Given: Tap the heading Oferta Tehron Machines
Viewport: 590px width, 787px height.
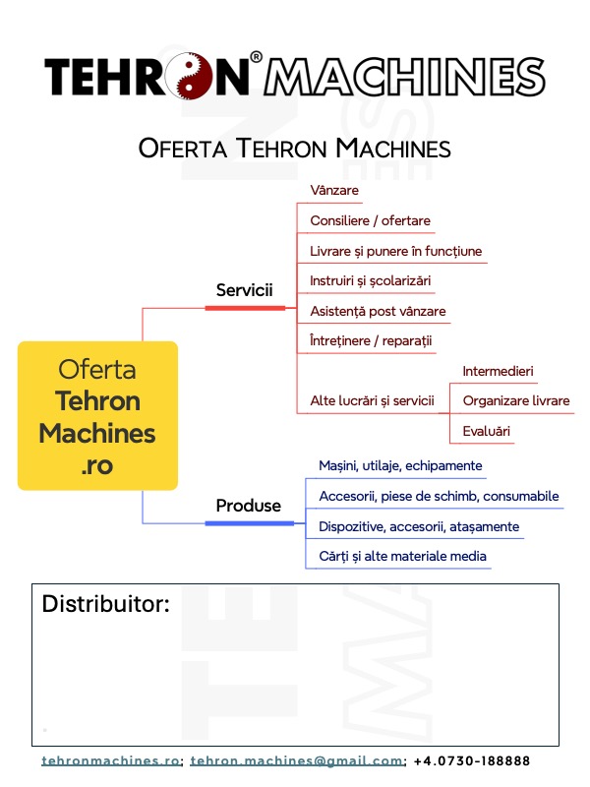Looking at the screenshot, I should coord(295,149).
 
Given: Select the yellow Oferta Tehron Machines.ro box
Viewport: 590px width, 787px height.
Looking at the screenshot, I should coord(97,415).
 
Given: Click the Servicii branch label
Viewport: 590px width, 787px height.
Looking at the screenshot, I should coord(244,290).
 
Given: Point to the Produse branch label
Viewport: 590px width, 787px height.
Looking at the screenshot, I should coord(248,506).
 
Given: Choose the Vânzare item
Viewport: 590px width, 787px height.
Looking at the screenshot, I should coord(334,190).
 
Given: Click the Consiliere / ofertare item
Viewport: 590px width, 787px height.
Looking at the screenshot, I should coord(370,220).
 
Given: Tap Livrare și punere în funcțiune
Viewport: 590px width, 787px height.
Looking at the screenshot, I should coord(395,251).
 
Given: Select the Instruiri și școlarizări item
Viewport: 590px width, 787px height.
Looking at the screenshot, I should coord(370,280).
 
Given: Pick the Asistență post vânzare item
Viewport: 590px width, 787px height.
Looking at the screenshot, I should coord(378,311).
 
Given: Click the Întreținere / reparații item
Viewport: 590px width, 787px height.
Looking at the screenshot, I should coord(371,340).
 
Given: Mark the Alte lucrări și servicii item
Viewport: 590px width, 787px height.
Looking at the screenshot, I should coord(372,400).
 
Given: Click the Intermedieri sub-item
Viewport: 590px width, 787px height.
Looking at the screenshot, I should coord(498,371).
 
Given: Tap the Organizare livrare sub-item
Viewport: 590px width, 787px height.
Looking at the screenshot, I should coord(515,400).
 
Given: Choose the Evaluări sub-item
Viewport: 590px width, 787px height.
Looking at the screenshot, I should coord(486,431).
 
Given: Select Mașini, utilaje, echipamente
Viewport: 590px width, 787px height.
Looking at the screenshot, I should coord(400,465).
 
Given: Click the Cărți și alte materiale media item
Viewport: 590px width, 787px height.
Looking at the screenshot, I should coord(402,556).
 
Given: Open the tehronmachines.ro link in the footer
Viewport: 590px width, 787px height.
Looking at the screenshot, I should coord(111,760).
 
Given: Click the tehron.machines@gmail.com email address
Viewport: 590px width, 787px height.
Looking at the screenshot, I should coord(297,760).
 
